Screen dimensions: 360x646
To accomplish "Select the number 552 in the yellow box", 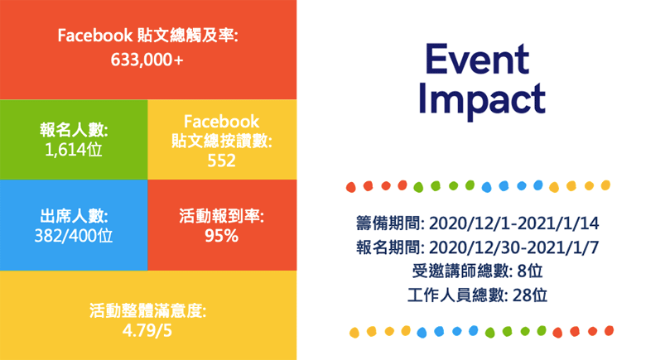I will (x=221, y=160).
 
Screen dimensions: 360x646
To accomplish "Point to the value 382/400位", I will (x=74, y=235).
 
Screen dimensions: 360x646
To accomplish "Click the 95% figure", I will (x=221, y=236).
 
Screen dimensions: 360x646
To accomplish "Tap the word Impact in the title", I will (x=482, y=98).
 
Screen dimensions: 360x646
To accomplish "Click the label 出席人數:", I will (x=74, y=217).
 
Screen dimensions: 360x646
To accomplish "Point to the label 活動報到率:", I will (x=221, y=217).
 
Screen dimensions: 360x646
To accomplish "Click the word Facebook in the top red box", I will (x=95, y=36).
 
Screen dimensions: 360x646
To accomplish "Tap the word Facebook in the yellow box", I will (x=221, y=122).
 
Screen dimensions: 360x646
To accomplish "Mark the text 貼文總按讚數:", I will (x=221, y=141).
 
